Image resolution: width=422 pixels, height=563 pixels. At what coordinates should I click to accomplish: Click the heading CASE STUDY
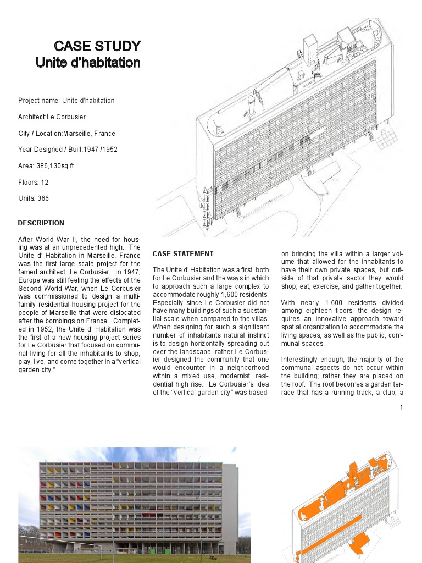[x=97, y=46]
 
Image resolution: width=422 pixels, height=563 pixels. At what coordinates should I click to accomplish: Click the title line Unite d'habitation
[x=88, y=63]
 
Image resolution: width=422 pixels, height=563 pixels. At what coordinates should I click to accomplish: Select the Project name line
[x=66, y=101]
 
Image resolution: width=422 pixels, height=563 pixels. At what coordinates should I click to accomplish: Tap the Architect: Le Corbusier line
[x=52, y=117]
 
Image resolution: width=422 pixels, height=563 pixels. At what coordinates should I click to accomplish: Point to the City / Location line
[x=66, y=134]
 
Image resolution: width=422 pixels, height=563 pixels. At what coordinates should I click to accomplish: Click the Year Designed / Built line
[x=68, y=150]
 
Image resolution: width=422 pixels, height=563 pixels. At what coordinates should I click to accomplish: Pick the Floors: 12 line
[x=34, y=183]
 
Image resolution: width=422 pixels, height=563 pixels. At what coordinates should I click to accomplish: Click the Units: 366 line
[x=34, y=198]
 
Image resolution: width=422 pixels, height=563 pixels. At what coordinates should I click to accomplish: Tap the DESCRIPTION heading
[x=41, y=223]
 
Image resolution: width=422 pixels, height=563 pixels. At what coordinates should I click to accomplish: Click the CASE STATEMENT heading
[x=183, y=254]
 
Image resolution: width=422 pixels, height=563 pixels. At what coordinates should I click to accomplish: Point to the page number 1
[x=402, y=407]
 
